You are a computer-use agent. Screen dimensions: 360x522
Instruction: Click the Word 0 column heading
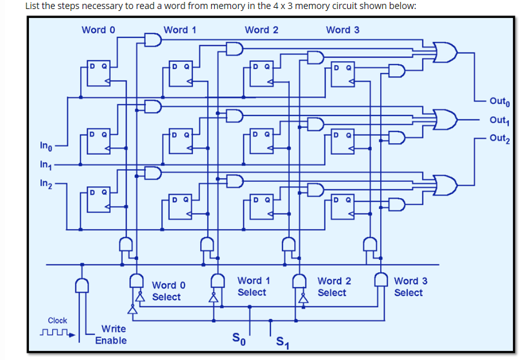[99, 30]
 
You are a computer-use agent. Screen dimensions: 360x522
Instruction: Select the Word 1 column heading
[180, 30]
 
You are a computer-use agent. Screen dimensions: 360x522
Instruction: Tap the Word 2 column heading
[261, 30]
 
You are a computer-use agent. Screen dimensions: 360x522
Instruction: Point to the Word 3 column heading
[343, 30]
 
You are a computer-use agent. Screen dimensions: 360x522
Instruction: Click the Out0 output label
[499, 101]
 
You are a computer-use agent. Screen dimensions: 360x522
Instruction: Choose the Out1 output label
[499, 119]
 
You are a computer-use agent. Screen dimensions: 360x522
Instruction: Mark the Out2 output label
[499, 138]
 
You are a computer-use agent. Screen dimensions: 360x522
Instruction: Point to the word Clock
[57, 321]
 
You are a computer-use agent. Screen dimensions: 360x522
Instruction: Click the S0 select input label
[238, 337]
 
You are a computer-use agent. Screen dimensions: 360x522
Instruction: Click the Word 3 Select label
[410, 286]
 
